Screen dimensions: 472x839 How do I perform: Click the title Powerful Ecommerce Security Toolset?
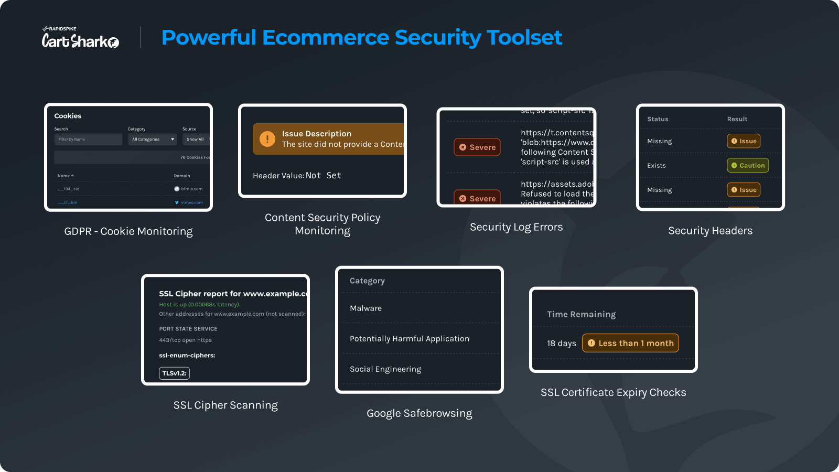point(362,38)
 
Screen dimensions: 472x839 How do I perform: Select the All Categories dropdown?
point(153,140)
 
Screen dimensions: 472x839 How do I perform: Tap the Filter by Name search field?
point(88,140)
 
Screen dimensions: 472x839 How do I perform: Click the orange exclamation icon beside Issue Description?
point(267,139)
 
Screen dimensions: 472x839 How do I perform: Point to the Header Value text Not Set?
point(323,176)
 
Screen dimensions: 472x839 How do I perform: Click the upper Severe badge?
point(477,147)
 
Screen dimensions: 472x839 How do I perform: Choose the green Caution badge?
point(748,166)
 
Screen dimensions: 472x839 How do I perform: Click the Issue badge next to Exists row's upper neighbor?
point(744,141)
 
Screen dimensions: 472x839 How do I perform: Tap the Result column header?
point(737,119)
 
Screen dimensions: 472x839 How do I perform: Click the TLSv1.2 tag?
point(174,373)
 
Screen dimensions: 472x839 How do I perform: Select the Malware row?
point(366,308)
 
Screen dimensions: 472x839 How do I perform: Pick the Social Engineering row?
point(385,369)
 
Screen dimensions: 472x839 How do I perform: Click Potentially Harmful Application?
point(410,339)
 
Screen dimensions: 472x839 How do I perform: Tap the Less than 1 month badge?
point(630,344)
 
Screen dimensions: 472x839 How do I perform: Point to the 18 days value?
point(561,344)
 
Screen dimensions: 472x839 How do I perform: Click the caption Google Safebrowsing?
point(419,413)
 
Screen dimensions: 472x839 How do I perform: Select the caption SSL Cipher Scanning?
point(225,405)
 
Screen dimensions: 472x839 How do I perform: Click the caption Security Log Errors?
point(517,227)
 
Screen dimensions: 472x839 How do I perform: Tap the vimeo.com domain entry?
point(191,202)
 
